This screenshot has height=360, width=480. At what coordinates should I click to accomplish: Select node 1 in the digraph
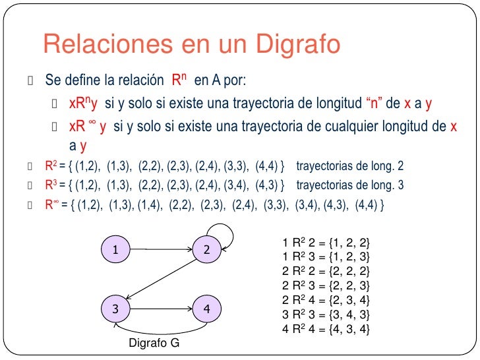point(115,249)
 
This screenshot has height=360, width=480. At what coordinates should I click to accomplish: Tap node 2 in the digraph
point(206,249)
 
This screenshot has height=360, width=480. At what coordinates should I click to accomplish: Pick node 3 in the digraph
point(115,308)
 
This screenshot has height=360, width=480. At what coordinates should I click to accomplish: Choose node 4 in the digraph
point(206,308)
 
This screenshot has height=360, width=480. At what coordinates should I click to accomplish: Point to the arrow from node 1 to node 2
point(161,249)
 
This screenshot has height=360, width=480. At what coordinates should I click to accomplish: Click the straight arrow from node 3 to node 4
point(161,308)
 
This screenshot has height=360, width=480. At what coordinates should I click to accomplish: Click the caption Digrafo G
point(153,344)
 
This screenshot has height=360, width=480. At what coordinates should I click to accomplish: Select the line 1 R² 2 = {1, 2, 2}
point(326,243)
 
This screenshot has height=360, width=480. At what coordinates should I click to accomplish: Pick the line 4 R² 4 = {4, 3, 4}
point(326,328)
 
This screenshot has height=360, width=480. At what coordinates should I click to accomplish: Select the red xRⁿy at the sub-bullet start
point(83,104)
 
